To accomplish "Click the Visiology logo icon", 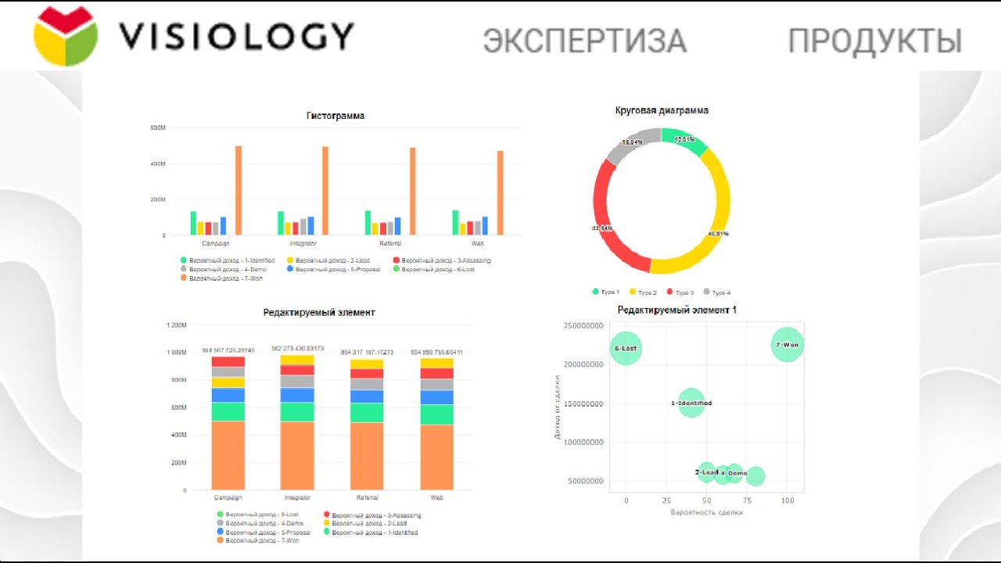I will pos(66,37).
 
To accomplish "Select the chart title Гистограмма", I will pos(335,116).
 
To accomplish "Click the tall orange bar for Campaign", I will pos(239,190).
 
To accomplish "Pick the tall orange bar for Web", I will pos(500,192).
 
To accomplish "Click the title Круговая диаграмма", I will pos(662,110).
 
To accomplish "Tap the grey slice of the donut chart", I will pos(626,145).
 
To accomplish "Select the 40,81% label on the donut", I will pos(717,233).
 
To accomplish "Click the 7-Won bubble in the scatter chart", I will pos(788,345).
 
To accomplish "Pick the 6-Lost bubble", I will pos(626,348).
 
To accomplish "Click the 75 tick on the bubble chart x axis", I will pos(747,500).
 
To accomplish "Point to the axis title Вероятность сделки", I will pos(706,512).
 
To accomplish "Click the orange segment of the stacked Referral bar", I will pos(367,456).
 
